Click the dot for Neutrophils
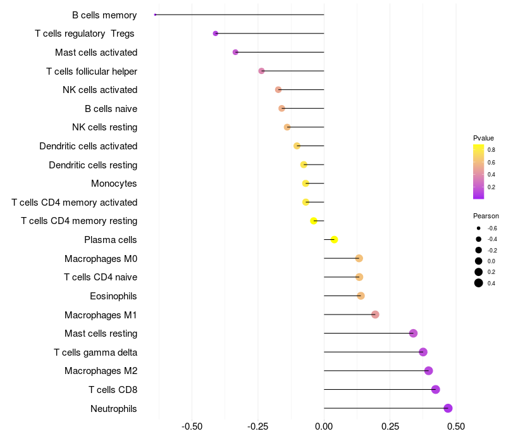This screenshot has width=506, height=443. pos(448,408)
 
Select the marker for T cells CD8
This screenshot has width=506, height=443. pos(435,389)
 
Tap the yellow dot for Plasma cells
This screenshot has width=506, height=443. pos(335,239)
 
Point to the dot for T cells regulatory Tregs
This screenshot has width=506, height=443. pos(216,33)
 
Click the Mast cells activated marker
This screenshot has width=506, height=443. pos(235,52)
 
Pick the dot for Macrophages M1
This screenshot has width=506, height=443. pos(375,315)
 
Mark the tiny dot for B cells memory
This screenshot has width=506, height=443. pos(155,15)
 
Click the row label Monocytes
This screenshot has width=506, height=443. pos(114,184)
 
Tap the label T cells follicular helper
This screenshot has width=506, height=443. pos(92,71)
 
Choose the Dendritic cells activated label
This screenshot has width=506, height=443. pos(88,146)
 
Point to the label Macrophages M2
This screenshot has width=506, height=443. pos(101,371)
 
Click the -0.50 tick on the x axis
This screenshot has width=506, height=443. pos(192,427)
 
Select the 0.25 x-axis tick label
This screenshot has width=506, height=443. pos(390,427)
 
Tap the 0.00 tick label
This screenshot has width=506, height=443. pos(324,427)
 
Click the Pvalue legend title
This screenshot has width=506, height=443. pos(483,138)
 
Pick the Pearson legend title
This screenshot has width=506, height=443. pos(486,216)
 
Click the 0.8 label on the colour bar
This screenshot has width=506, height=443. pos(491,150)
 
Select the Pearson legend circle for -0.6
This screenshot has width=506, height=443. pos(479,228)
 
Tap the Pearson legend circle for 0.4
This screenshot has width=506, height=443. pos(479,283)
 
